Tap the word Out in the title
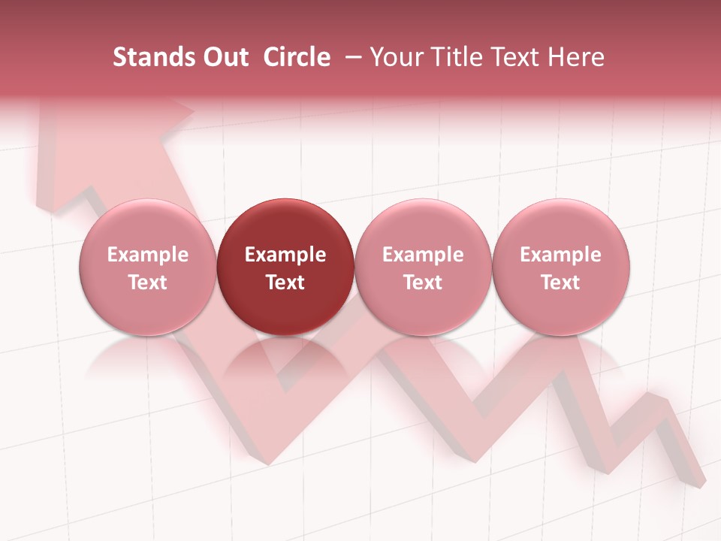click(x=223, y=57)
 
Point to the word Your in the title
click(x=396, y=57)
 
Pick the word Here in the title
click(x=575, y=57)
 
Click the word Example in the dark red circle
click(x=285, y=255)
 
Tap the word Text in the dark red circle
click(x=285, y=283)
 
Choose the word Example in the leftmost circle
click(x=147, y=255)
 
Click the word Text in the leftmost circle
click(x=147, y=283)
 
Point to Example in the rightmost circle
click(x=560, y=255)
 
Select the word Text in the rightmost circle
click(x=560, y=283)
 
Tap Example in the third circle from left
click(x=423, y=255)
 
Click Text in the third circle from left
click(x=423, y=283)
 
